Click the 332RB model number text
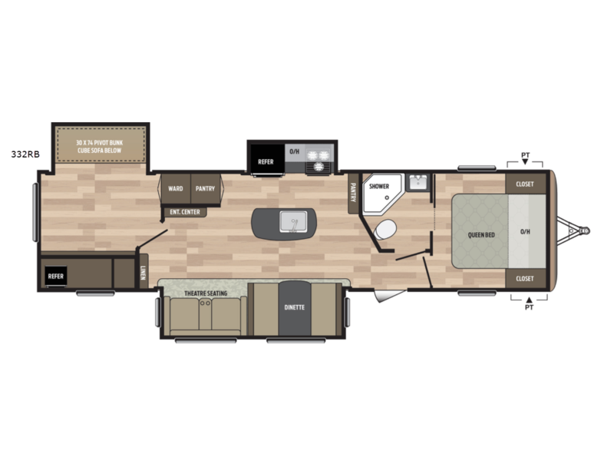tap(25, 154)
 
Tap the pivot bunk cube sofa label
tap(100, 146)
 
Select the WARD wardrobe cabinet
tap(176, 188)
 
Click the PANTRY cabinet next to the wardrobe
tap(205, 188)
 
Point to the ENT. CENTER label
tap(185, 212)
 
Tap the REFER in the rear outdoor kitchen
tap(55, 276)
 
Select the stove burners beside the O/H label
tap(319, 161)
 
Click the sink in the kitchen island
tap(293, 221)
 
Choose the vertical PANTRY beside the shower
tap(353, 193)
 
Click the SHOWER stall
tap(381, 194)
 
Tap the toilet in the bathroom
tap(385, 229)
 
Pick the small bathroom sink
tap(418, 182)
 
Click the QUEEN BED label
tap(481, 235)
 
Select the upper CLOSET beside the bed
tap(525, 184)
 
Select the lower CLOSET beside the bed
tap(525, 278)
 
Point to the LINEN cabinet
tap(144, 272)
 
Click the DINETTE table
tap(295, 308)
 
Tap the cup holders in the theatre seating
tap(205, 303)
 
